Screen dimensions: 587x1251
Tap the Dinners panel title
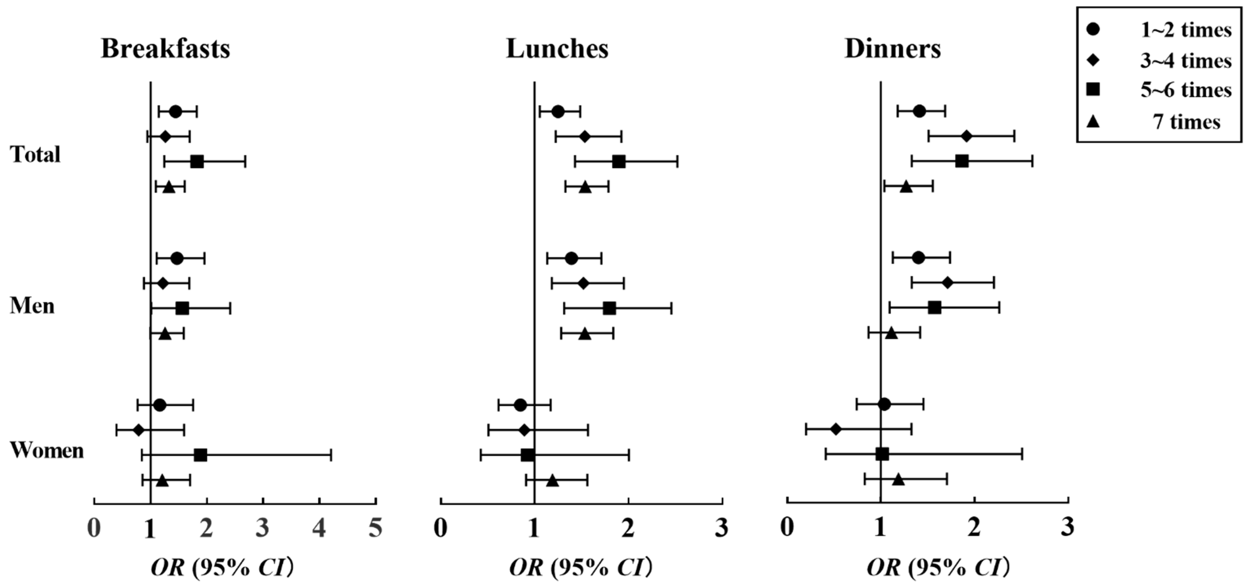(x=893, y=49)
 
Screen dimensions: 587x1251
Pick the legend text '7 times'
(x=1186, y=121)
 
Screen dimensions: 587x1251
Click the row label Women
(x=47, y=450)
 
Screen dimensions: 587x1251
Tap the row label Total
(x=35, y=155)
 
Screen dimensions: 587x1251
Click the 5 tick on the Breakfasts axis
(x=375, y=529)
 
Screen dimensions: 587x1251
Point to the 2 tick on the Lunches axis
(x=628, y=529)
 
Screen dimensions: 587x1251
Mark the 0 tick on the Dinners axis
(x=787, y=529)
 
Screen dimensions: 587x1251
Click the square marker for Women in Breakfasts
(x=200, y=455)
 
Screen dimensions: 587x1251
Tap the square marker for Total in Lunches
(x=619, y=162)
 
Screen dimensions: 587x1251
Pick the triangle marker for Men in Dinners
(x=891, y=333)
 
